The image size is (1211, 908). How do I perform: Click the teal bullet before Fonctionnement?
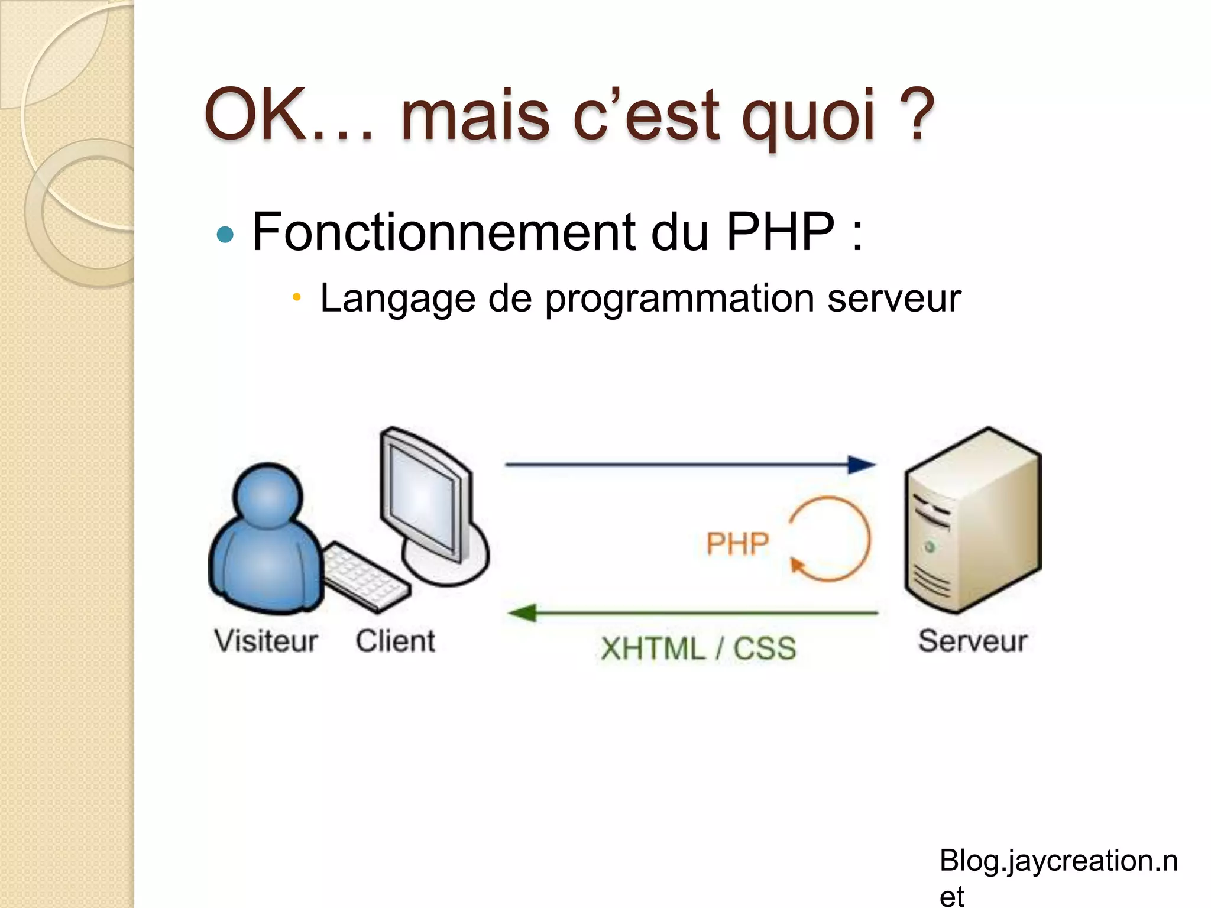point(225,235)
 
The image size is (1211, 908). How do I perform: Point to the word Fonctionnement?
point(443,232)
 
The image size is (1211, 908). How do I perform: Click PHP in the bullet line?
point(780,232)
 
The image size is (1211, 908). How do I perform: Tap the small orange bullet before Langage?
point(297,297)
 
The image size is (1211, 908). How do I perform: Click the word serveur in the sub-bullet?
point(893,299)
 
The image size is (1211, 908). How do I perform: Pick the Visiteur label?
point(266,641)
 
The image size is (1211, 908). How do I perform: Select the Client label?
point(395,641)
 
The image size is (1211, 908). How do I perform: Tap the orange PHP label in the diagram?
point(737,543)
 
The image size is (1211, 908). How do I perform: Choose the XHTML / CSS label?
point(698,648)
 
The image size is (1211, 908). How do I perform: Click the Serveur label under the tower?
point(972,641)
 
